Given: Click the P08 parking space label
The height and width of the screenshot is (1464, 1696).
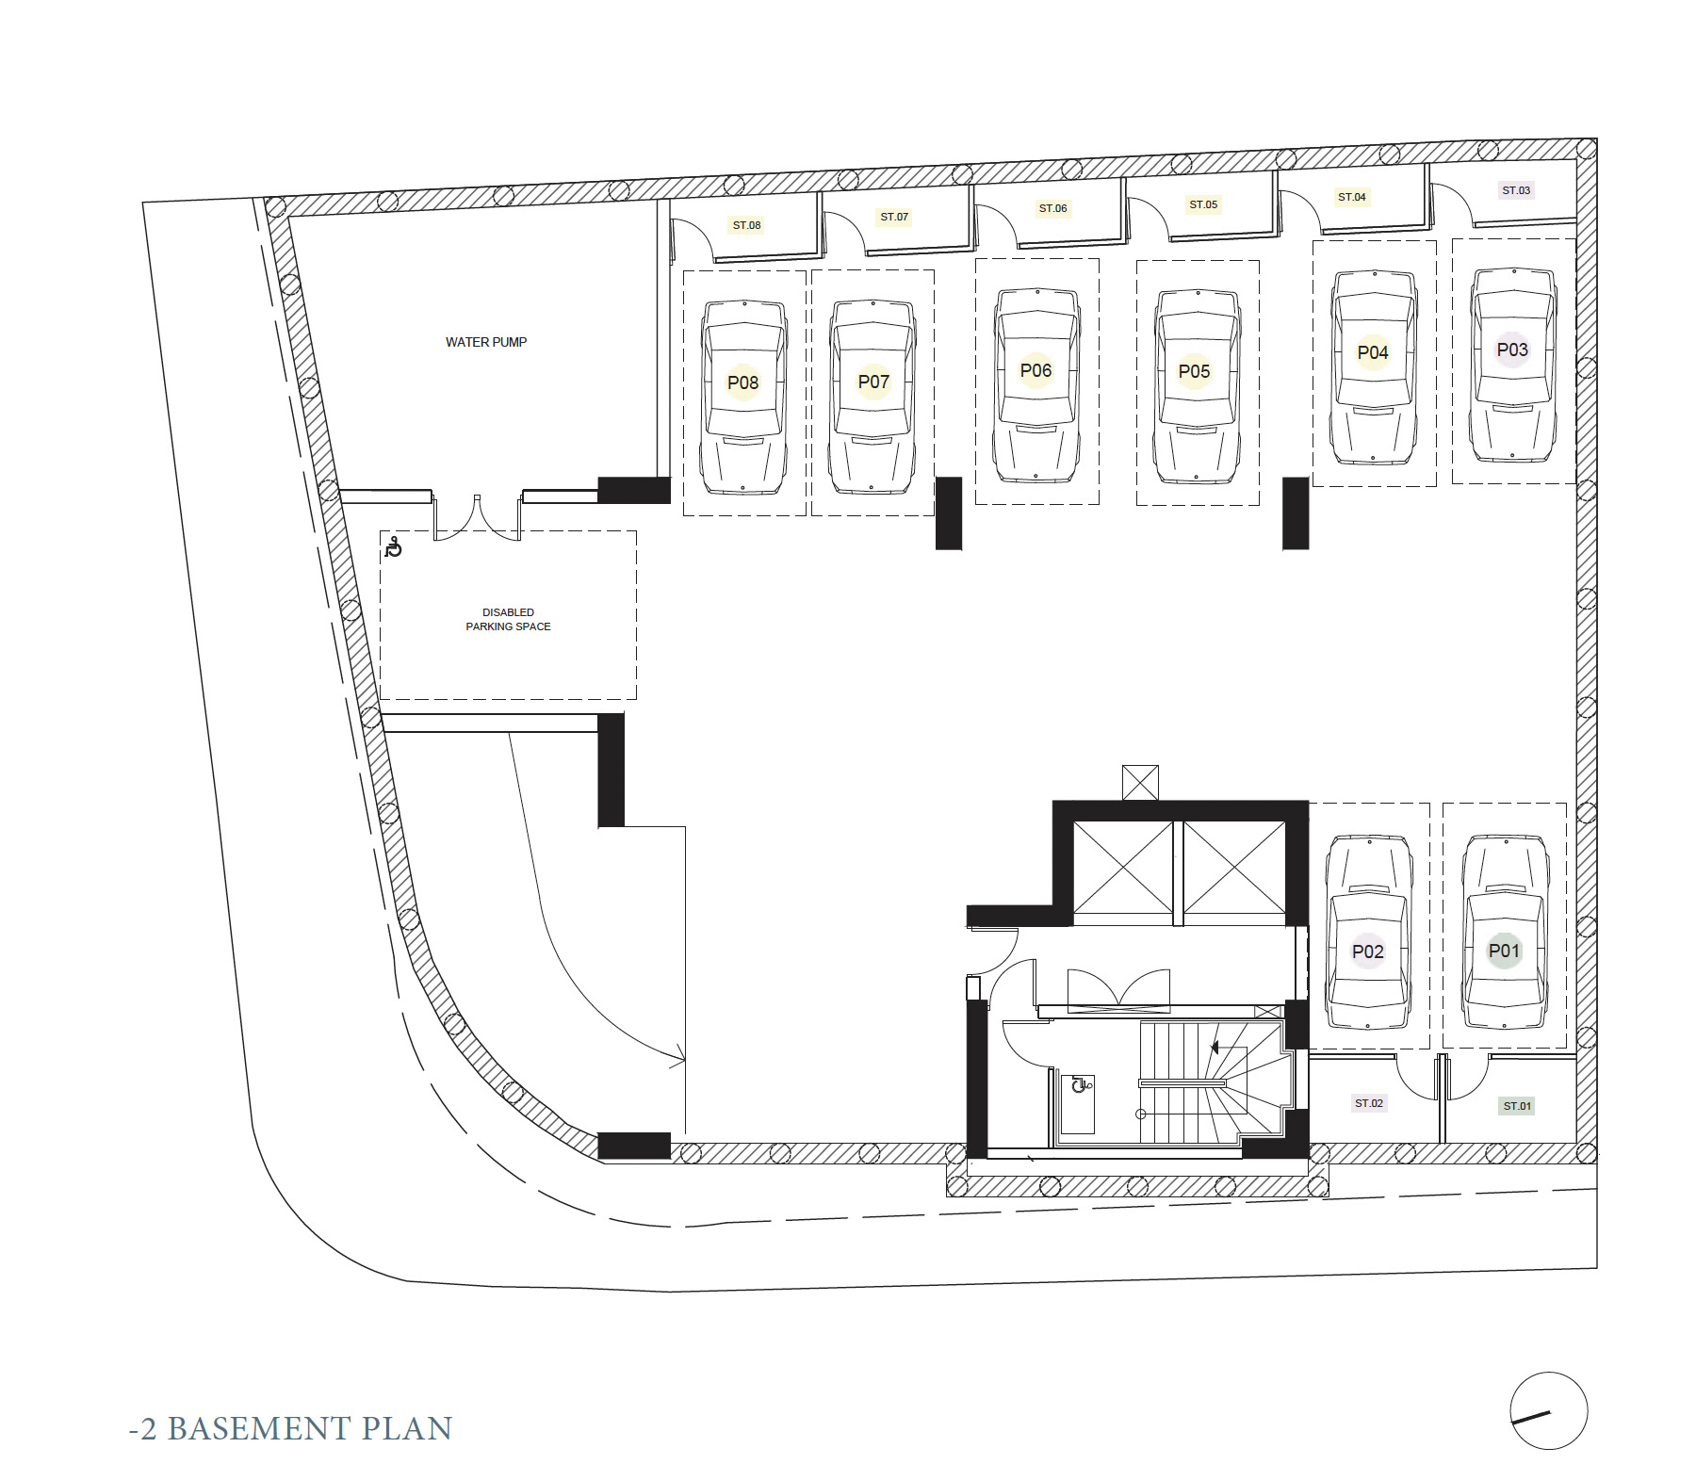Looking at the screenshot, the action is (742, 382).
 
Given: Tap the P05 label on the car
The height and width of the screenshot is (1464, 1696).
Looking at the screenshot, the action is (1194, 371).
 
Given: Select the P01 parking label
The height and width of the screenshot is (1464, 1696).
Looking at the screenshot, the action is (1504, 951).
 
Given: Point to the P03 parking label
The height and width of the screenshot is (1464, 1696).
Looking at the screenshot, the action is (1512, 350).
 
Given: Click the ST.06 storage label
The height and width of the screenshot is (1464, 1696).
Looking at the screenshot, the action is (1052, 208).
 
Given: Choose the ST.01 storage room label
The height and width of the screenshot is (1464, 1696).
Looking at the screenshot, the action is (1517, 1106).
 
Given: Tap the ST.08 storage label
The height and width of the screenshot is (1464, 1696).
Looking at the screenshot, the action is (746, 225).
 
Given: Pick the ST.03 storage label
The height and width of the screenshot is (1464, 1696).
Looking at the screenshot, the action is (1516, 190).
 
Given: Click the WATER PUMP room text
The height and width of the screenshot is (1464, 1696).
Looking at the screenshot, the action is (486, 342).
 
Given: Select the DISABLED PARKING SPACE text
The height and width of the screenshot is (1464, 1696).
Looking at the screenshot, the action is (508, 619).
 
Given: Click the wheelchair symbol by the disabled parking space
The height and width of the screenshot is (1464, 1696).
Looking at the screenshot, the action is (394, 547).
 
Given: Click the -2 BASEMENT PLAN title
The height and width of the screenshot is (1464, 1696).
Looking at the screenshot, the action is (290, 1428).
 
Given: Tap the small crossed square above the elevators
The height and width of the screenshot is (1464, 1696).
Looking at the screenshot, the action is (1140, 783).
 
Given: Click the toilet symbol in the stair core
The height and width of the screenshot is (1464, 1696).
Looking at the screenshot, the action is (1080, 1084).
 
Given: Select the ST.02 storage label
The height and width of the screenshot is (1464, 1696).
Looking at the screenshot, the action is (1369, 1103).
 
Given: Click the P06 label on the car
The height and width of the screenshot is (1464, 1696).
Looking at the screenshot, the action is (1036, 370).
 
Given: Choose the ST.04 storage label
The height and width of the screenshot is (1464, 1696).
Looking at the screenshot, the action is (1351, 197).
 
